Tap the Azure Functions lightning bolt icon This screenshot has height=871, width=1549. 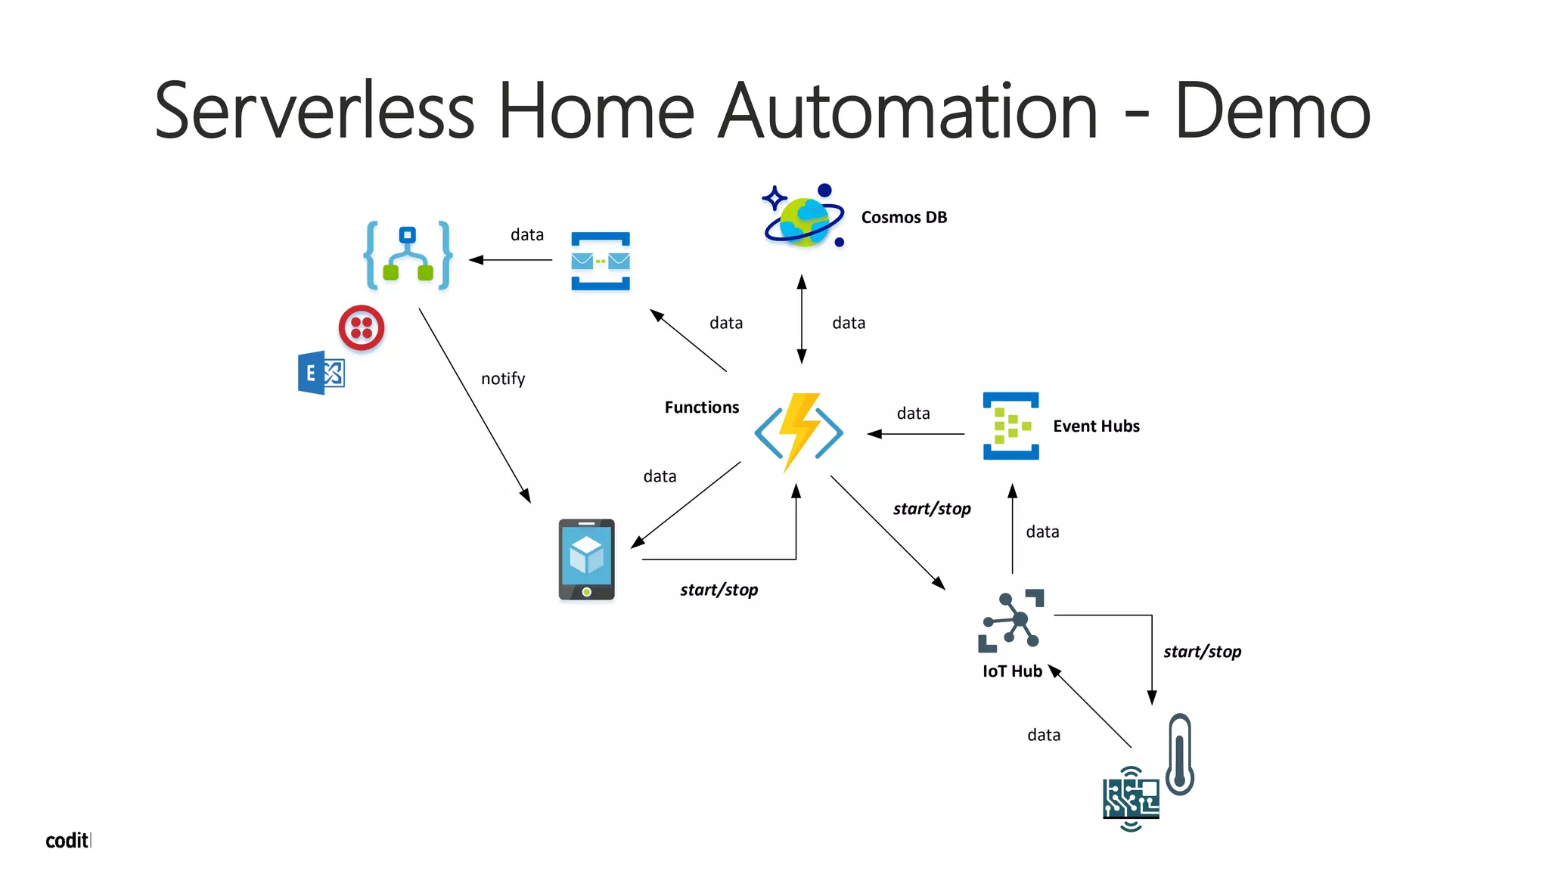(799, 432)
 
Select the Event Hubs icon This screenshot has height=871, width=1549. (1010, 426)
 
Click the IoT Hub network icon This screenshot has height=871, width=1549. (1011, 621)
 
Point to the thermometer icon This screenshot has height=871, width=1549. (1180, 755)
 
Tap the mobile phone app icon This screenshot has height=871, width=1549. (586, 559)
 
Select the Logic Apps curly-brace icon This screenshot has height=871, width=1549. (408, 256)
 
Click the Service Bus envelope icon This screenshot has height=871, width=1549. (601, 262)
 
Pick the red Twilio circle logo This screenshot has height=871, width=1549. (362, 327)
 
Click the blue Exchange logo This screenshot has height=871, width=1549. (321, 373)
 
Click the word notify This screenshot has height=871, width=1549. (503, 379)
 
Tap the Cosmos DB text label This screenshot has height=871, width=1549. (904, 218)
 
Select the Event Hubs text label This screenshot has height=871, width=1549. (1096, 426)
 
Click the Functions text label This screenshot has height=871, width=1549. (701, 408)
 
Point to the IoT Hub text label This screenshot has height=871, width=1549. (1012, 671)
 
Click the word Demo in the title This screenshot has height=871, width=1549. (1272, 112)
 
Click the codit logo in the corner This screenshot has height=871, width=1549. (67, 841)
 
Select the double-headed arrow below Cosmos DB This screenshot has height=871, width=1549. (802, 319)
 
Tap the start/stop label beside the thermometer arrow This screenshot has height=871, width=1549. (1202, 652)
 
